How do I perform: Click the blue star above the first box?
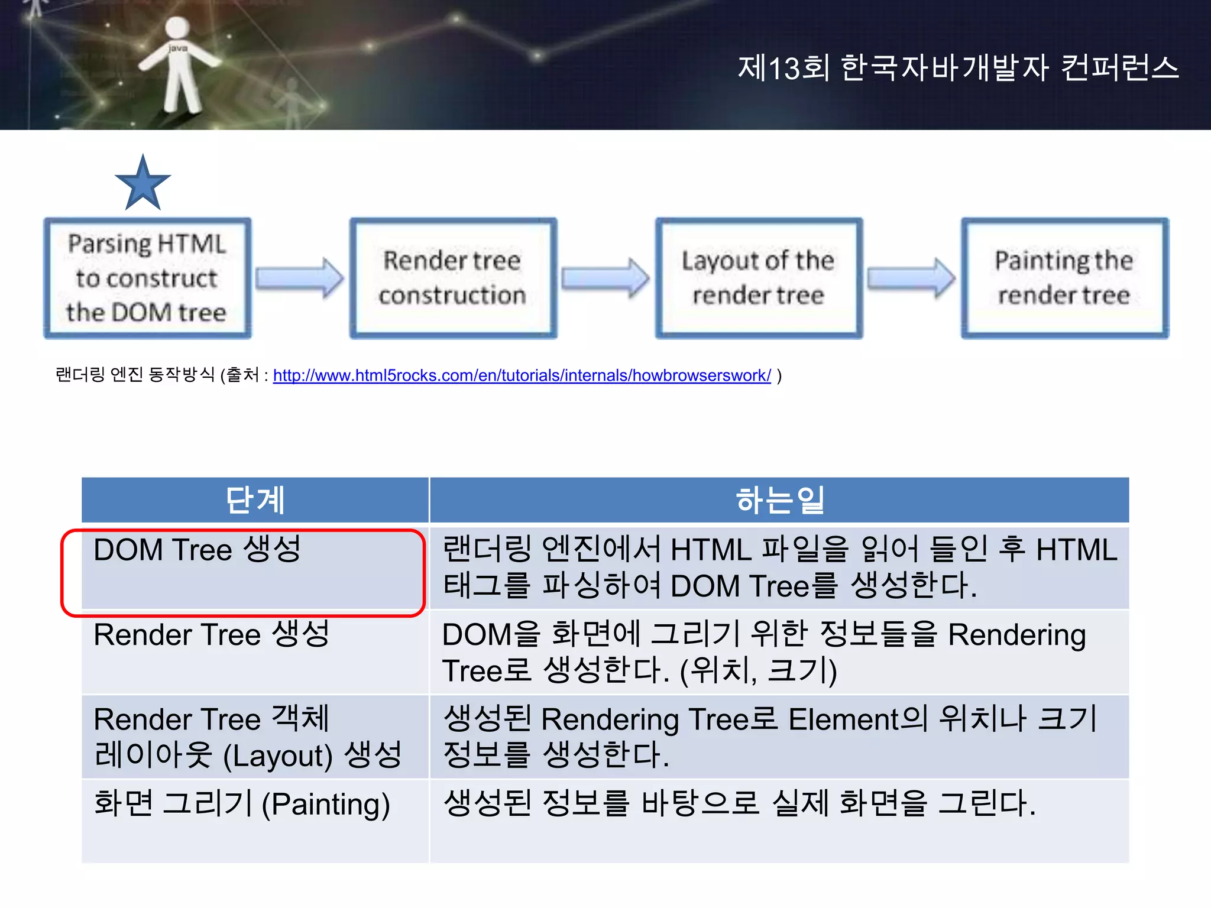(x=143, y=184)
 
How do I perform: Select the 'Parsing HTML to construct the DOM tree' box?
(x=147, y=278)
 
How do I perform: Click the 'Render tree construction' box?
(x=453, y=278)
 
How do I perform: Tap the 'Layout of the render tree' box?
(x=758, y=278)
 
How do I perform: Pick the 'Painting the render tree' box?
(x=1064, y=278)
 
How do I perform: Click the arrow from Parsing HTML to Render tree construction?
(x=299, y=278)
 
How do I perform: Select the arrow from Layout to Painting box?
(x=911, y=278)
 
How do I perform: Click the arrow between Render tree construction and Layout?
(x=605, y=278)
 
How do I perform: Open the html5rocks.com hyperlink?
(x=522, y=375)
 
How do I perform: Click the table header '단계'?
(x=255, y=500)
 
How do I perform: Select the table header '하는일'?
(x=779, y=500)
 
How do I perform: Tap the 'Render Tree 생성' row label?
(x=211, y=634)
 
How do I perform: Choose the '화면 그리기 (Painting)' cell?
(x=241, y=805)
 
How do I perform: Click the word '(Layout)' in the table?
(x=278, y=756)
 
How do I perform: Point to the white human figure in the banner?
(x=178, y=65)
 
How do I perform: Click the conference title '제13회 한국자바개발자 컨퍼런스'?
(x=958, y=67)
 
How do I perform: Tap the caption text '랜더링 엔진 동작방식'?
(x=135, y=375)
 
